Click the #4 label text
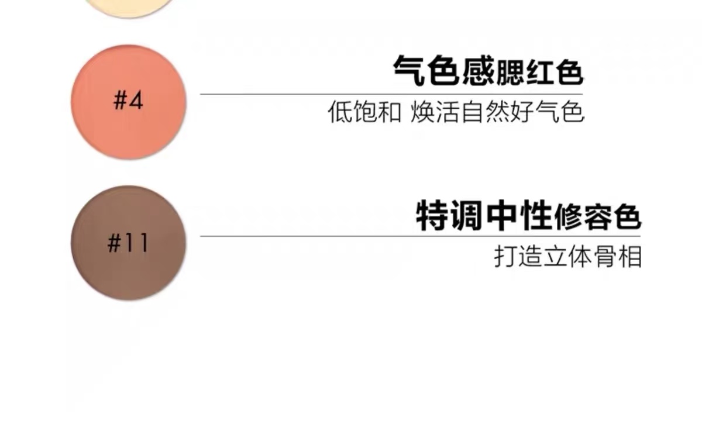click(x=128, y=101)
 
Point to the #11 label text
click(x=128, y=243)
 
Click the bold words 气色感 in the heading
click(x=443, y=72)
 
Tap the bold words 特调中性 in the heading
click(x=484, y=216)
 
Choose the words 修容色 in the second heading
click(x=598, y=218)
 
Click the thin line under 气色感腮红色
click(x=391, y=94)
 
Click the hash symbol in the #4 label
click(x=120, y=101)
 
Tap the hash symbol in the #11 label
click(x=114, y=243)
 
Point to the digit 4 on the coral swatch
click(x=136, y=101)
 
